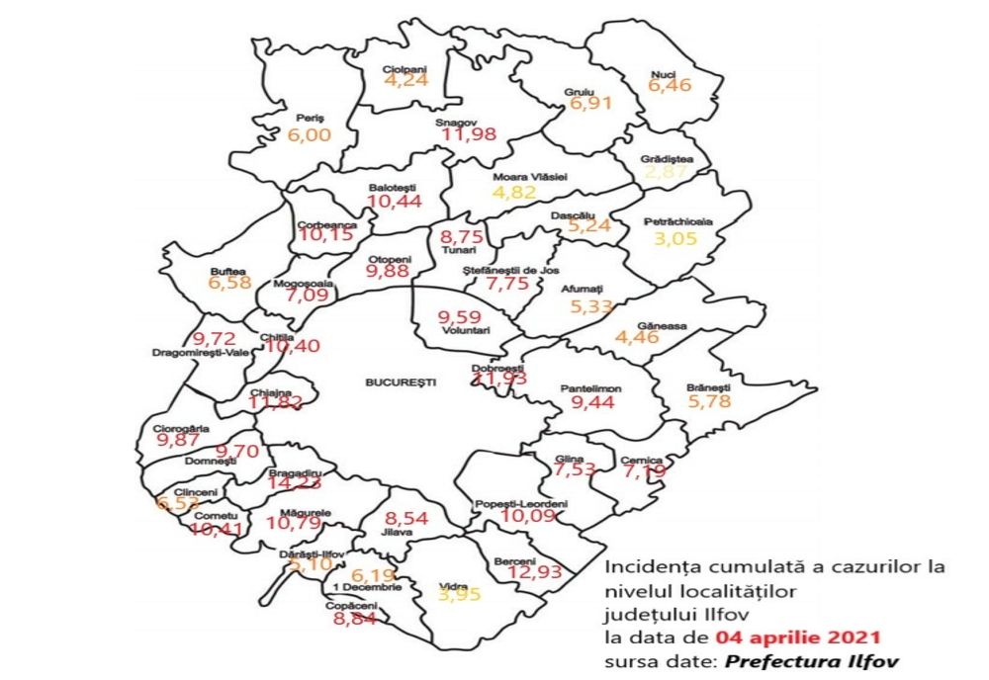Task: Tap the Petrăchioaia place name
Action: (679, 222)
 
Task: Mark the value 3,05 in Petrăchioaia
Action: (675, 239)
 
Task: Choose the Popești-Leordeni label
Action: (520, 504)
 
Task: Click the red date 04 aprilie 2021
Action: (800, 636)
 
